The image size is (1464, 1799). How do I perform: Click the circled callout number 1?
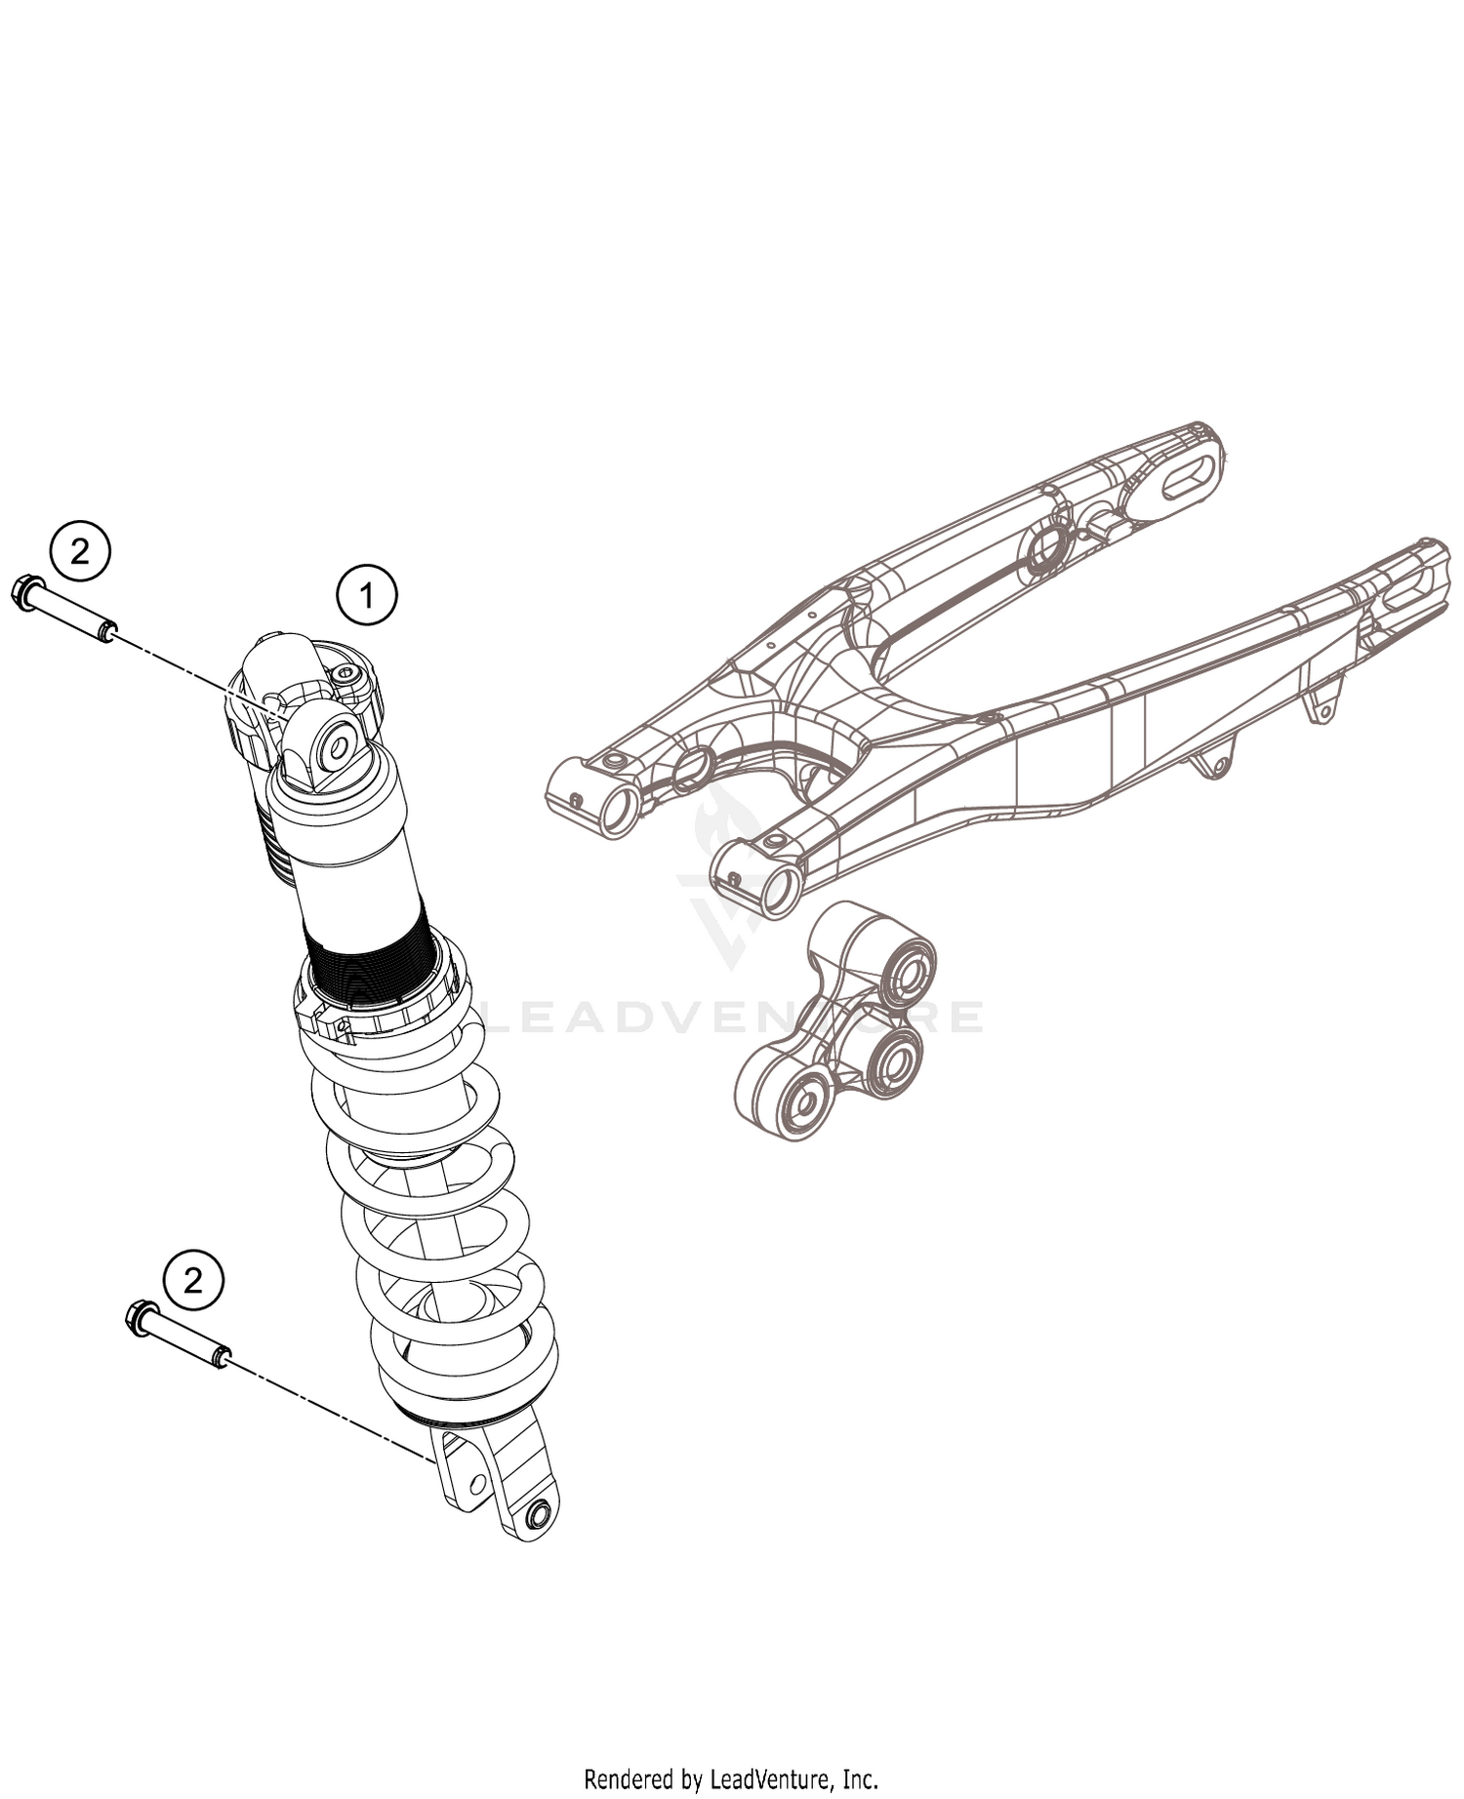coord(367,595)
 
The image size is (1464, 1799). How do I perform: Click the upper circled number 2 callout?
coord(80,552)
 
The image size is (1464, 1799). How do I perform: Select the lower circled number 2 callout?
coord(192,1279)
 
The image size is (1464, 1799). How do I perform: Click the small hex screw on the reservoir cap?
coord(346,677)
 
